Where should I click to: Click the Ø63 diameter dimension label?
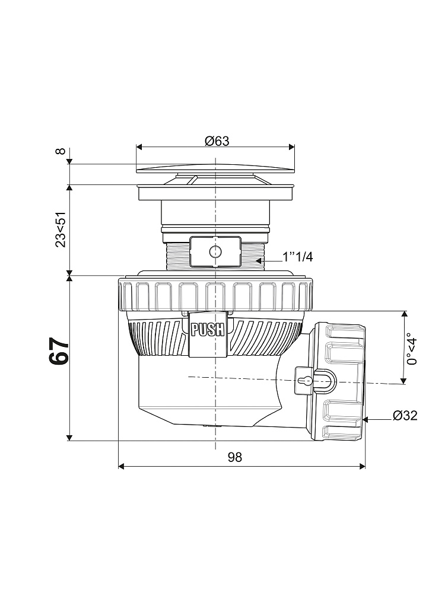[x=217, y=141]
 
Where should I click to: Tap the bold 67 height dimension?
[x=59, y=350]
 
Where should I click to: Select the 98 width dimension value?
[x=234, y=457]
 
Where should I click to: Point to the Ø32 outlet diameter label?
[x=405, y=416]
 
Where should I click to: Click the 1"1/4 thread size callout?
[x=298, y=257]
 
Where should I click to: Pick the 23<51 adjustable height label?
[x=61, y=229]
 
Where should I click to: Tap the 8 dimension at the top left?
[x=61, y=151]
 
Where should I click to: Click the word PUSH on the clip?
[x=208, y=329]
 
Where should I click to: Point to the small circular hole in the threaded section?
[x=215, y=251]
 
